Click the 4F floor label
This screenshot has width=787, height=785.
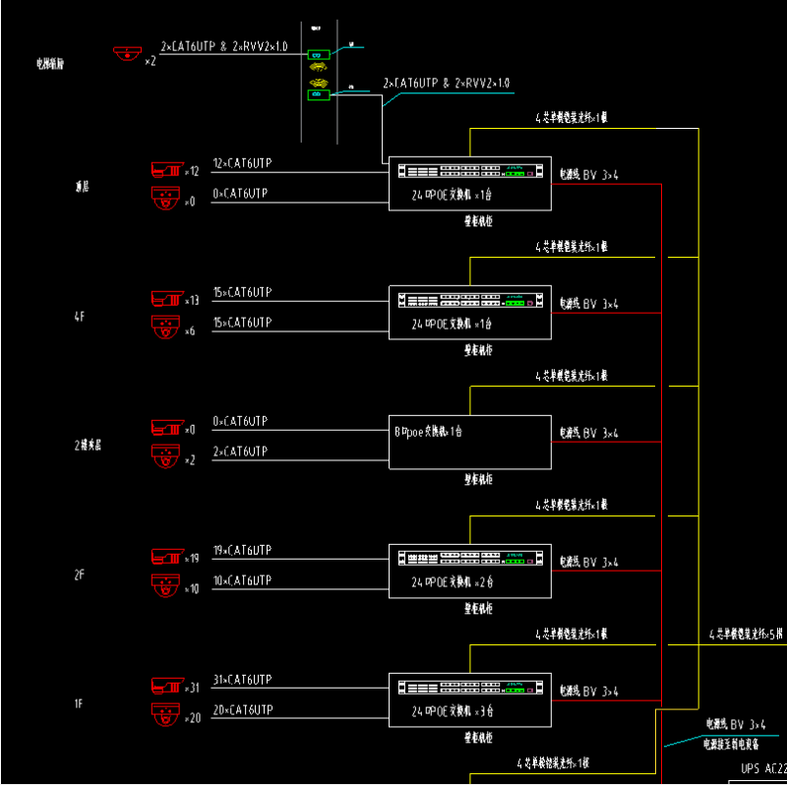coord(80,316)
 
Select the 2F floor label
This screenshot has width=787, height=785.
coord(80,574)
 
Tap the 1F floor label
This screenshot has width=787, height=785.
coord(80,703)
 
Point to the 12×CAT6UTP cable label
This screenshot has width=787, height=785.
coord(242,163)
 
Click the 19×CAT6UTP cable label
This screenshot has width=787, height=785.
coord(242,550)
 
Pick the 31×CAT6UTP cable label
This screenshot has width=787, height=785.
coord(242,680)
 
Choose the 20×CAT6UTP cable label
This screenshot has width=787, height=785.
coord(242,710)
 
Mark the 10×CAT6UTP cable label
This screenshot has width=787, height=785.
coord(242,580)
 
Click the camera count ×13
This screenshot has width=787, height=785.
coord(192,300)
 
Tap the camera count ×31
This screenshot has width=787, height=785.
coord(192,688)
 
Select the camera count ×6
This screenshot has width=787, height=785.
coord(190,332)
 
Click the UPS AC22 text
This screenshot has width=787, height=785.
coord(762,768)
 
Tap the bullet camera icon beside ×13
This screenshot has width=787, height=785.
coord(166,298)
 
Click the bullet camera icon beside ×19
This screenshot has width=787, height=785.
coord(166,557)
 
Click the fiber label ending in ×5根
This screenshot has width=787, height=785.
coord(747,634)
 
